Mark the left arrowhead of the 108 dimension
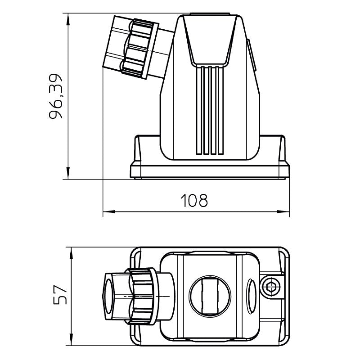pyautogui.click(x=108, y=211)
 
